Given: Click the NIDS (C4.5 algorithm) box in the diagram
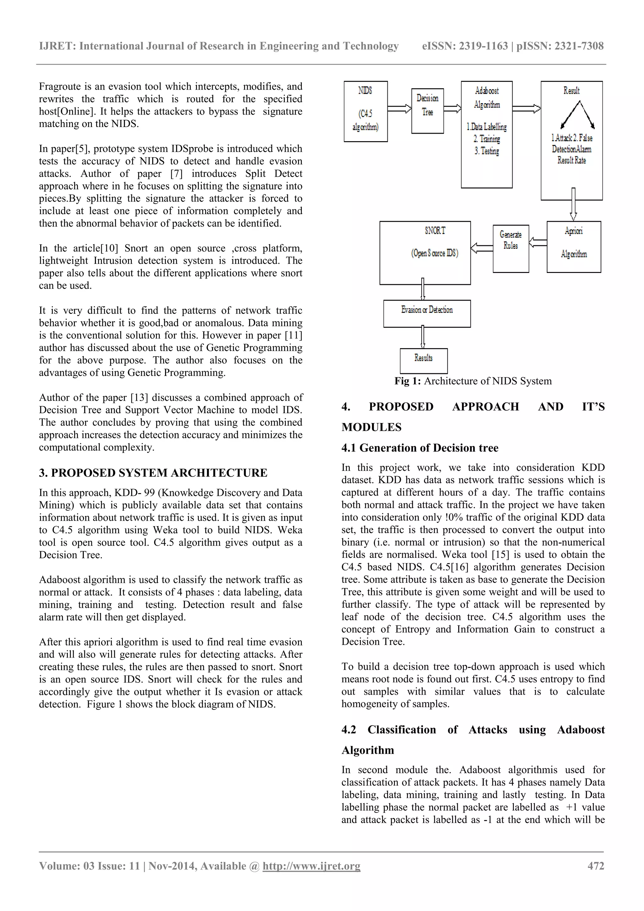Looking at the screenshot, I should pos(365,112).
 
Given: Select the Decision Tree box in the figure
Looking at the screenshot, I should pos(427,111).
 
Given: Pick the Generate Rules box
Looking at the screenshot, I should pos(511,248).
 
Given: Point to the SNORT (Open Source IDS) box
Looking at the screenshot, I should pos(425,253).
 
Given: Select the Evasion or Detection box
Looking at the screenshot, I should pos(427,314).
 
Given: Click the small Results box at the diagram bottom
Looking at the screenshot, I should pos(423,361).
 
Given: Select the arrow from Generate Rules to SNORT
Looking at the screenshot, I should pos(482,248).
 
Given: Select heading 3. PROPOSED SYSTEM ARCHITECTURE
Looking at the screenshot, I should pos(153,473).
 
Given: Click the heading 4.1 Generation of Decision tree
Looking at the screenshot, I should pos(420,448).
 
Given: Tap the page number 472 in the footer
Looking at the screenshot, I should pos(596,866).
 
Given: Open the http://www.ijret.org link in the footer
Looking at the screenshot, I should pos(312,866).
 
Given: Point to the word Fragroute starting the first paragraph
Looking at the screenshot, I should pos(58,86).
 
